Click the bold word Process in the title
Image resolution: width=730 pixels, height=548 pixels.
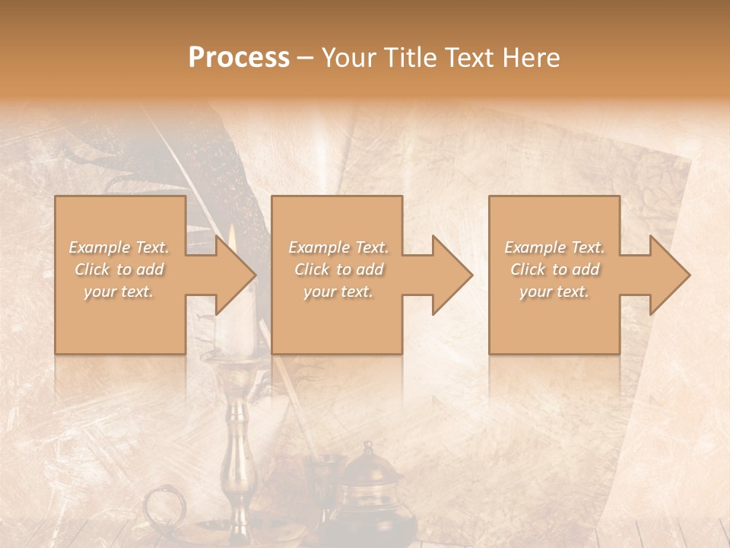click(239, 57)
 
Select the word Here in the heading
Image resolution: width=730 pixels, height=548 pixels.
click(530, 57)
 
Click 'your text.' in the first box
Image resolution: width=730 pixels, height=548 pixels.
click(119, 292)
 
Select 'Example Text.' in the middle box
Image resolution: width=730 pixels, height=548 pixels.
click(338, 247)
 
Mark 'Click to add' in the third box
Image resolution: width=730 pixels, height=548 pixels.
click(555, 269)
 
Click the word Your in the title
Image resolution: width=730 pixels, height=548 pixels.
click(348, 57)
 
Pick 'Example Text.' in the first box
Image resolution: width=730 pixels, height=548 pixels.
click(119, 247)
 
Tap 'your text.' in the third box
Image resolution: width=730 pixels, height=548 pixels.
click(554, 292)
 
